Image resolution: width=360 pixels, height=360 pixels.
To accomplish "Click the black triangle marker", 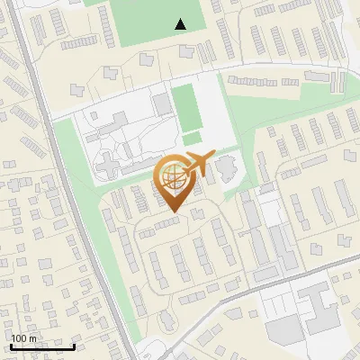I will pos(181,24).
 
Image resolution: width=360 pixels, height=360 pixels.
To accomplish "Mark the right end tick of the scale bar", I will pos(74,345).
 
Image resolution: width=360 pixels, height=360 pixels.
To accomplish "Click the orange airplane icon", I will pos(198,165).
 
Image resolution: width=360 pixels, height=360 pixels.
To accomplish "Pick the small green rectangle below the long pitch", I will pos(192,138).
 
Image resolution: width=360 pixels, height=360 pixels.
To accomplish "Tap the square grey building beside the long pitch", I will pos(162,104).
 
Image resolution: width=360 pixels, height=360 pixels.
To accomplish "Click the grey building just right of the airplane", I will pos(226,166).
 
